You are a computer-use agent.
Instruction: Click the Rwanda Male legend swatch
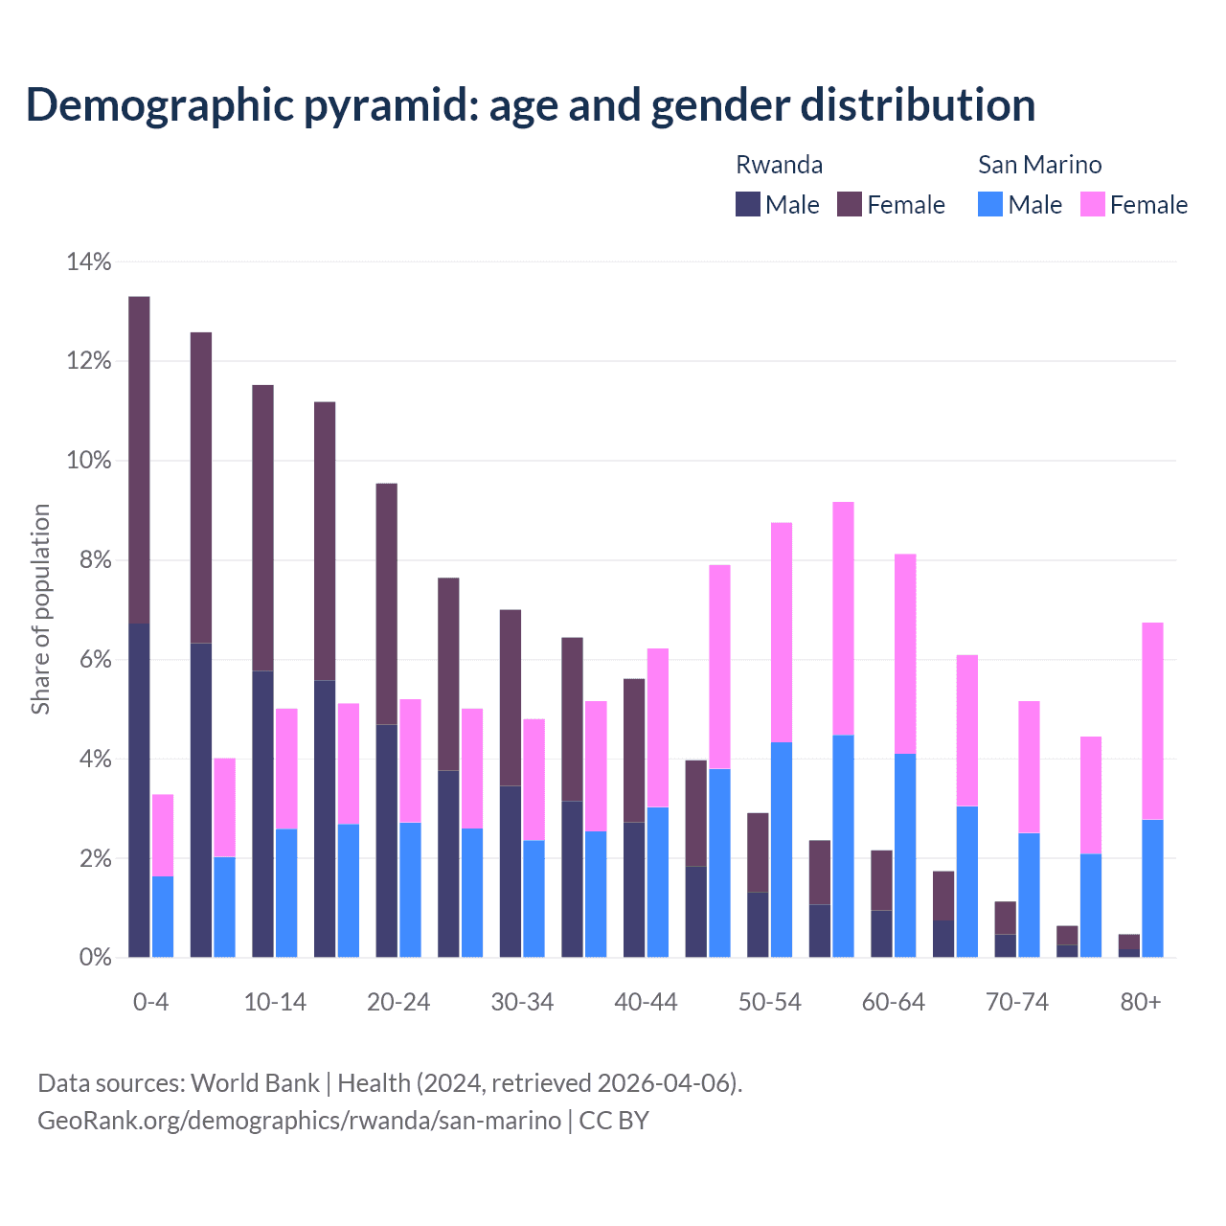pyautogui.click(x=748, y=204)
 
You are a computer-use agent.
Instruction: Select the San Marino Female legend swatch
pyautogui.click(x=1093, y=204)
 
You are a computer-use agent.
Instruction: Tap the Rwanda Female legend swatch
pyautogui.click(x=850, y=204)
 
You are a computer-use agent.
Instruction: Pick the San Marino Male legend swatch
pyautogui.click(x=990, y=204)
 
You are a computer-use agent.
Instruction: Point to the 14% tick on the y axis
pyautogui.click(x=88, y=261)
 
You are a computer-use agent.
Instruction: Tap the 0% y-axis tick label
pyautogui.click(x=94, y=958)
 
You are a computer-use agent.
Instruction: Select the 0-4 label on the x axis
pyautogui.click(x=151, y=1002)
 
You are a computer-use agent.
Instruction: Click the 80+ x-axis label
pyautogui.click(x=1141, y=1002)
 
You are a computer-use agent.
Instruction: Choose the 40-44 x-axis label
pyautogui.click(x=646, y=1002)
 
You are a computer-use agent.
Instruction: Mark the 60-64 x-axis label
pyautogui.click(x=894, y=1002)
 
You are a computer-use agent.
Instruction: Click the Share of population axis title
pyautogui.click(x=40, y=609)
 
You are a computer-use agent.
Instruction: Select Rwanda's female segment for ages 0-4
pyautogui.click(x=139, y=460)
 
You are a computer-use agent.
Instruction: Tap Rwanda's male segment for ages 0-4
pyautogui.click(x=139, y=790)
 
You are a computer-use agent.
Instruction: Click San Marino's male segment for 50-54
pyautogui.click(x=782, y=850)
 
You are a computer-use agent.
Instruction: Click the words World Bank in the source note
pyautogui.click(x=255, y=1083)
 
